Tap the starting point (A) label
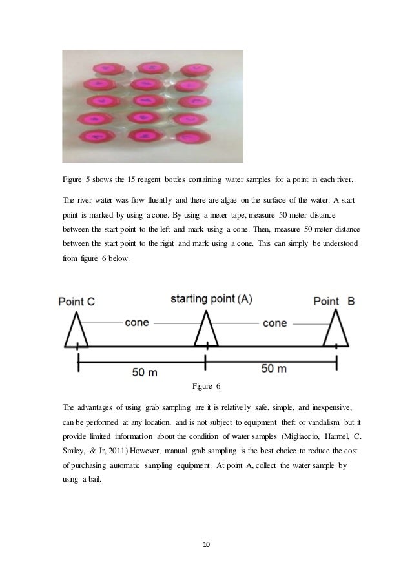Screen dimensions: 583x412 pos(211,298)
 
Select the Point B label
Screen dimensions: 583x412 pos(334,302)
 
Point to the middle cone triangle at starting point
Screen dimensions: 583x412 pos(206,331)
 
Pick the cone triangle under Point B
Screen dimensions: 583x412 pos(336,331)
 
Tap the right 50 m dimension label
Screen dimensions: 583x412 pos(274,368)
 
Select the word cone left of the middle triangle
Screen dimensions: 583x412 pos(137,322)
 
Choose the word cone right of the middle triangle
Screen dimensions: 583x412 pos(275,322)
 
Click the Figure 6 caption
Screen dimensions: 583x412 pos(207,387)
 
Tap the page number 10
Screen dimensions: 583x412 pos(207,545)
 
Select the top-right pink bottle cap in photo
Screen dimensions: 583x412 pos(192,70)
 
